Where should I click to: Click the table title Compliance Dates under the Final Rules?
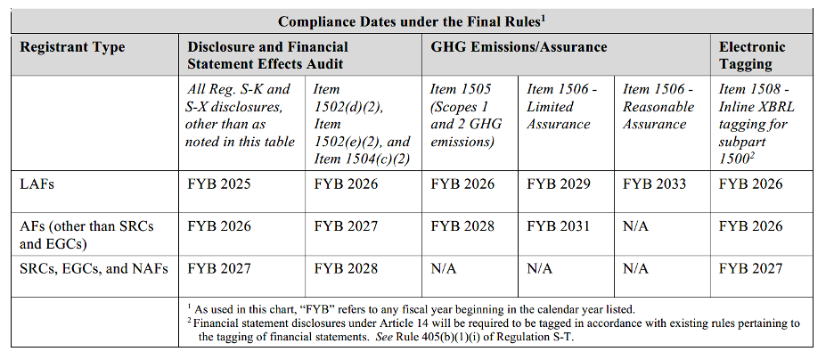pyautogui.click(x=413, y=21)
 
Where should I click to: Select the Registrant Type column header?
pyautogui.click(x=72, y=47)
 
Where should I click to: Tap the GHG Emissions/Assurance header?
pyautogui.click(x=519, y=47)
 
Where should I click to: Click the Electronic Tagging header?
pyautogui.click(x=752, y=55)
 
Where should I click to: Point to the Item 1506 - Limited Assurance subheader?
pyautogui.click(x=561, y=106)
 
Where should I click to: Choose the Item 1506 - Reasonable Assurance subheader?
pyautogui.click(x=658, y=106)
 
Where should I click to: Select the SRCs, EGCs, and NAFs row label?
pyautogui.click(x=94, y=269)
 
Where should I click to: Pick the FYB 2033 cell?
pyautogui.click(x=654, y=184)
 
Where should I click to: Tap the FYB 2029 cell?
pyautogui.click(x=559, y=184)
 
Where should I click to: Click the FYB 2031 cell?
pyautogui.click(x=559, y=226)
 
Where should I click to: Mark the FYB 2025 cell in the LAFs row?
pyautogui.click(x=218, y=184)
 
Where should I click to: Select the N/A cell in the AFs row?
pyautogui.click(x=635, y=226)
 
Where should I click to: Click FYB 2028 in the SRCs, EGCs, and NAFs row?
pyautogui.click(x=346, y=268)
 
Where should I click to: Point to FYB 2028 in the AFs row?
pyautogui.click(x=462, y=226)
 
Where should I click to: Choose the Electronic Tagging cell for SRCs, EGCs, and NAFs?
pyautogui.click(x=750, y=268)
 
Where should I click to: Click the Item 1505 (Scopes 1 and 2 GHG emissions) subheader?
pyautogui.click(x=465, y=115)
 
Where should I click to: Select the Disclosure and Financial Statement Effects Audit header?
pyautogui.click(x=267, y=55)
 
